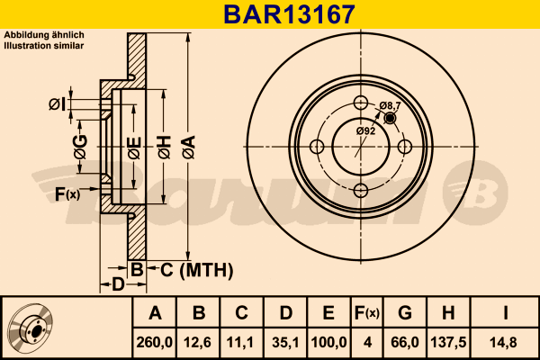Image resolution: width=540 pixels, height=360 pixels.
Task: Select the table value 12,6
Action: [x=199, y=342]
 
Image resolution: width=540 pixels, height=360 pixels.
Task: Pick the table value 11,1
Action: [x=241, y=342]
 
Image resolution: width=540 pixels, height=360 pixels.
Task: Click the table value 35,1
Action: [x=285, y=342]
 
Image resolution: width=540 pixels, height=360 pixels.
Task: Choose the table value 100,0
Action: [x=328, y=342]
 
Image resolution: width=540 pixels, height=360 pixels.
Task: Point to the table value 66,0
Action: [x=404, y=342]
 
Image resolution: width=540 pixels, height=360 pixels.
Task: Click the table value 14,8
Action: [x=506, y=342]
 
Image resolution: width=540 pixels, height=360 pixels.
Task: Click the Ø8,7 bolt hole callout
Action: [x=391, y=106]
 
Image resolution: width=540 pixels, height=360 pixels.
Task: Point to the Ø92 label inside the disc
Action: [x=365, y=131]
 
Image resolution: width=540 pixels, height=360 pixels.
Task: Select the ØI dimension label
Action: [x=57, y=104]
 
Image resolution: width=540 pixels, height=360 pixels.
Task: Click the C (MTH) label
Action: [x=197, y=269]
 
